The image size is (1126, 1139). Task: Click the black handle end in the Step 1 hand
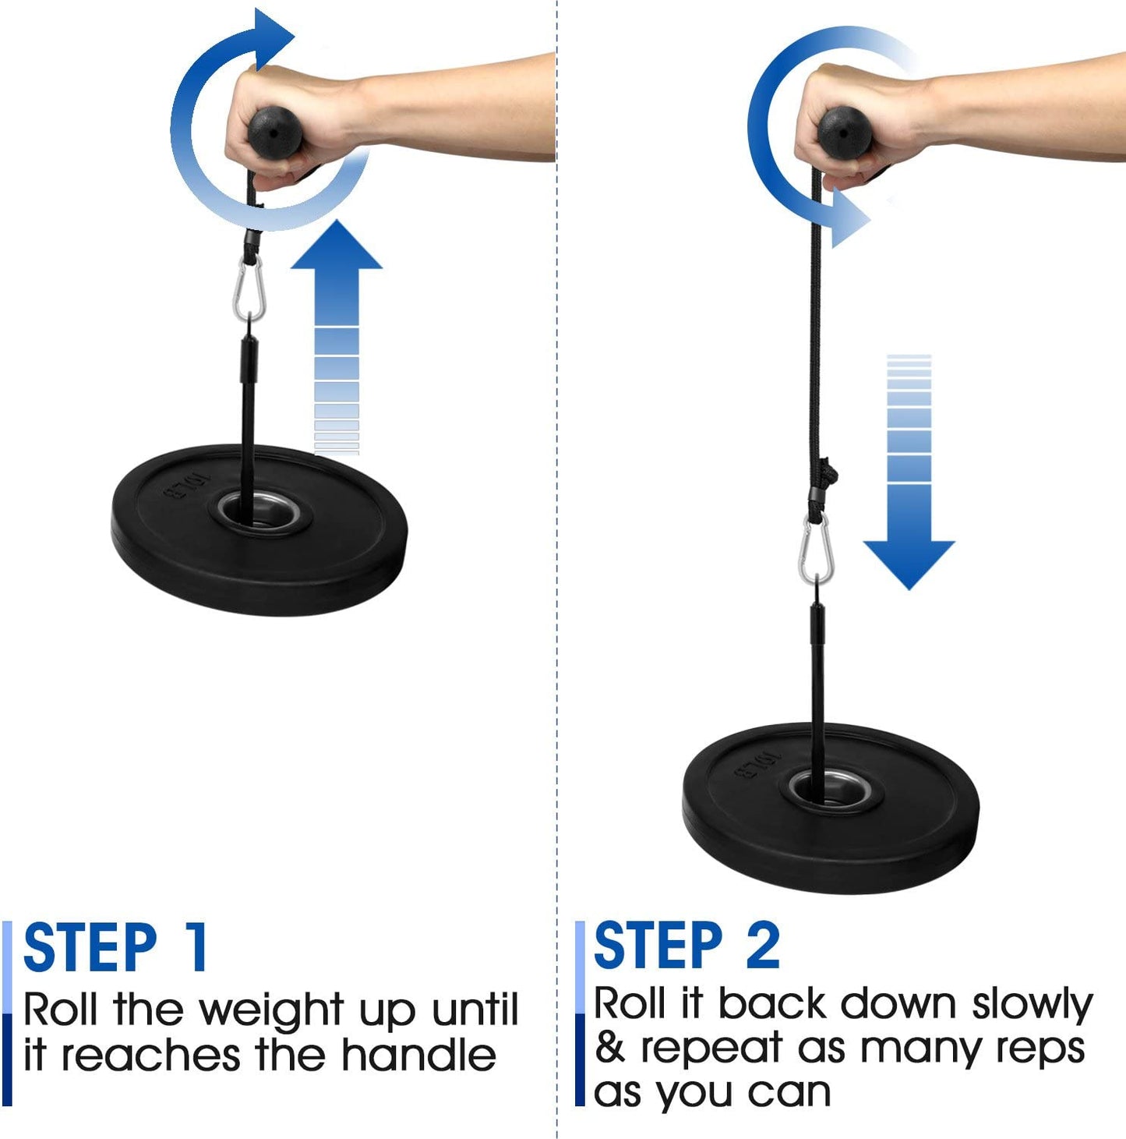(x=275, y=132)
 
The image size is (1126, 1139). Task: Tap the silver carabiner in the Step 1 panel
(x=249, y=288)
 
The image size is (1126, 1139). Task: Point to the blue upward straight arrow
(x=337, y=327)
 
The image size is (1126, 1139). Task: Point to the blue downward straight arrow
(x=909, y=483)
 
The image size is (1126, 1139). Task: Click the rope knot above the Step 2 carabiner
(x=828, y=472)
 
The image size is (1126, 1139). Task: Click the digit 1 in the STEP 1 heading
(x=196, y=946)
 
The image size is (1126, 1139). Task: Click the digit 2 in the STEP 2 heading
(x=763, y=945)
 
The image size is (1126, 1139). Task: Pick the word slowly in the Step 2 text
(x=1032, y=1006)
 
